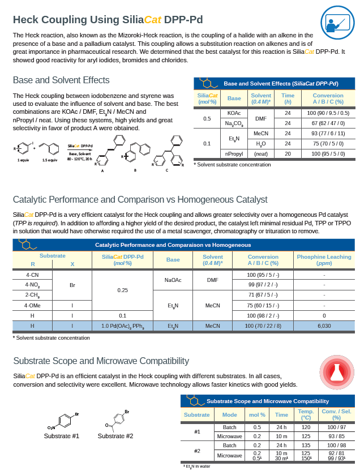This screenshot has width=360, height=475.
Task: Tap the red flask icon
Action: pyautogui.click(x=336, y=371)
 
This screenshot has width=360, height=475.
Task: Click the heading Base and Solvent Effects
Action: pyautogui.click(x=61, y=80)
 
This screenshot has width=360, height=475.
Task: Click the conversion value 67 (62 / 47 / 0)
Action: pyautogui.click(x=328, y=123)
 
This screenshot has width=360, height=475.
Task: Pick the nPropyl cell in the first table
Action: pyautogui.click(x=234, y=154)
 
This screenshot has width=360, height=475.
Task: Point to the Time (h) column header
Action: pyautogui.click(x=288, y=99)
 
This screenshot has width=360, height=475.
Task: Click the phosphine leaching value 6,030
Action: pyautogui.click(x=324, y=326)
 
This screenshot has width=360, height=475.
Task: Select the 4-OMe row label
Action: pyautogui.click(x=32, y=305)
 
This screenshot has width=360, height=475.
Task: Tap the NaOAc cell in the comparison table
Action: pyautogui.click(x=173, y=280)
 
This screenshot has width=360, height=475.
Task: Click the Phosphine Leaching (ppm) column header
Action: pyautogui.click(x=324, y=260)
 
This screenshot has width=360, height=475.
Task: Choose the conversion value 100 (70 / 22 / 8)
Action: pyautogui.click(x=263, y=326)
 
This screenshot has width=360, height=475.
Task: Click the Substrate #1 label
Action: pyautogui.click(x=62, y=436)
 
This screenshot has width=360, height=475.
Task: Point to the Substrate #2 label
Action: pyautogui.click(x=115, y=436)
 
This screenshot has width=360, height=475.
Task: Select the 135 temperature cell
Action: pyautogui.click(x=306, y=446)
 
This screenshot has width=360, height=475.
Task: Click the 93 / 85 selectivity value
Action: pyautogui.click(x=336, y=437)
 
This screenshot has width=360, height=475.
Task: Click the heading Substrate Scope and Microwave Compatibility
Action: pyautogui.click(x=101, y=361)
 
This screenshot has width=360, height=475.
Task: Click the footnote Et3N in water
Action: pyautogui.click(x=196, y=466)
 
